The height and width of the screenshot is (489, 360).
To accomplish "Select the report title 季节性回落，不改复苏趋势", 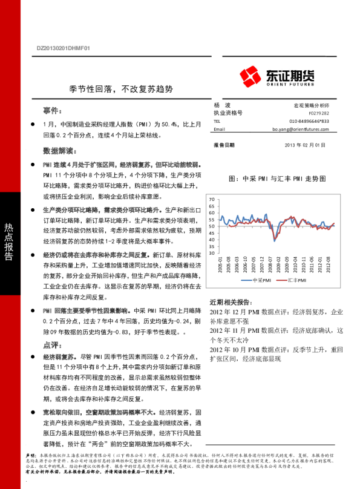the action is tap(121, 88).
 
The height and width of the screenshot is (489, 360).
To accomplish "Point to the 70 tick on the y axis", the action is tap(212, 199).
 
